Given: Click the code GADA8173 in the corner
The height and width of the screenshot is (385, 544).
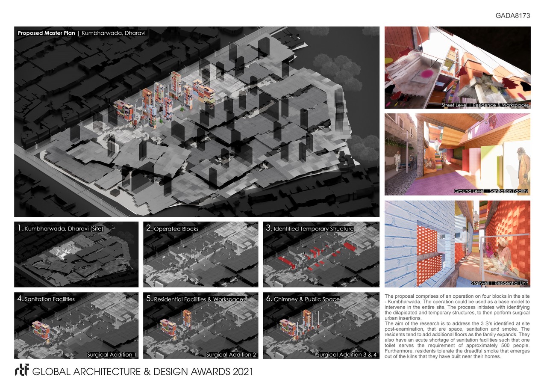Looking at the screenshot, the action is [x=513, y=16].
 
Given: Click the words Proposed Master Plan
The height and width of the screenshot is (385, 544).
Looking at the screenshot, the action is [x=47, y=33].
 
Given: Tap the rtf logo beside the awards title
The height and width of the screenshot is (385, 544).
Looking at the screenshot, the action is [x=22, y=370].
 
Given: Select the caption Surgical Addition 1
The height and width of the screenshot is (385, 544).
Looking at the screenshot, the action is [x=112, y=355].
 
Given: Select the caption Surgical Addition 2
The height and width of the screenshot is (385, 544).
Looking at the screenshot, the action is [x=231, y=355].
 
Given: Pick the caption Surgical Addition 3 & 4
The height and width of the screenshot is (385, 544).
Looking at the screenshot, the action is [x=347, y=355].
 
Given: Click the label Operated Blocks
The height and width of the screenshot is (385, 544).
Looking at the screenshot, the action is [x=176, y=229].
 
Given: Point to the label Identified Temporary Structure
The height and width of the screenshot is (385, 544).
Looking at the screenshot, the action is [x=314, y=229].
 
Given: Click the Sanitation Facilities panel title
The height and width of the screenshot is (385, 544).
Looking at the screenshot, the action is [x=50, y=299].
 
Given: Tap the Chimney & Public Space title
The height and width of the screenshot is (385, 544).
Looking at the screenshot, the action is [x=306, y=299].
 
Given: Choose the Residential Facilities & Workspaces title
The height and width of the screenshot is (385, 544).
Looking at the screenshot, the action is [x=200, y=299].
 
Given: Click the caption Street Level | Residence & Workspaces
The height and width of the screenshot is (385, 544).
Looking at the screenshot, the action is [x=485, y=105].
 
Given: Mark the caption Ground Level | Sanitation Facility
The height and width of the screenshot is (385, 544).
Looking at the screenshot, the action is [x=491, y=191].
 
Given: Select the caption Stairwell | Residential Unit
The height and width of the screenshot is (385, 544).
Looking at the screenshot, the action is [x=499, y=283].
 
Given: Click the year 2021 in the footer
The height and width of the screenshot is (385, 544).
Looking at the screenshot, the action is [x=243, y=372].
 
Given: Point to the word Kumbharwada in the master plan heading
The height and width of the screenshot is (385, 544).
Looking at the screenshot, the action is [x=100, y=33].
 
